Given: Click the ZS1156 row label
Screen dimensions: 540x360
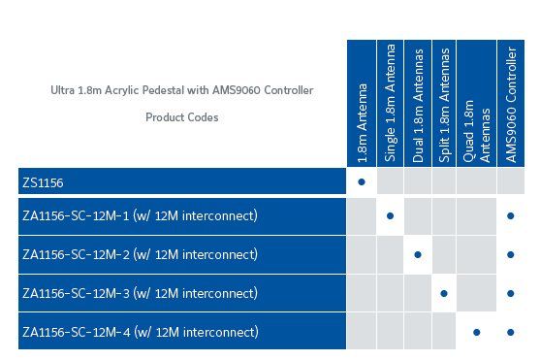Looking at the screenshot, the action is (x=43, y=182).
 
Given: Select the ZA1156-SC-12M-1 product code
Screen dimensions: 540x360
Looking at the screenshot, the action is (x=76, y=215).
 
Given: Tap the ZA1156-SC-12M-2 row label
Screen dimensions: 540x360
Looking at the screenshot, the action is (x=77, y=255).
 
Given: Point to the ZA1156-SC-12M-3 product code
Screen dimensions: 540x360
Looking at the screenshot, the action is (x=77, y=293).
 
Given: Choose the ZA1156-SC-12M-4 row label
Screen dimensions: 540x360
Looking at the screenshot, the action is (x=77, y=333).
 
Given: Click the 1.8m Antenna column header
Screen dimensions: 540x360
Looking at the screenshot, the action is (x=362, y=123).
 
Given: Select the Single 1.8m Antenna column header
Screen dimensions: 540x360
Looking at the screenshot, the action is (x=390, y=103).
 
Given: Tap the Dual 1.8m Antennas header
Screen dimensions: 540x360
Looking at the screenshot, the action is (x=418, y=105).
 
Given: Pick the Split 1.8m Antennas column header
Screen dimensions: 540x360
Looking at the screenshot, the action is (x=444, y=105).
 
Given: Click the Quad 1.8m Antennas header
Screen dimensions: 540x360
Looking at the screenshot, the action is (x=476, y=131).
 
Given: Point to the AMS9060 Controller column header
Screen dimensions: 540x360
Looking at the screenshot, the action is (x=511, y=105).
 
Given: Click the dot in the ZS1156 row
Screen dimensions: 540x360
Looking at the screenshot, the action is (x=362, y=181).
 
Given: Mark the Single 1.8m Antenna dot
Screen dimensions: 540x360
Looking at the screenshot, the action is (x=390, y=215).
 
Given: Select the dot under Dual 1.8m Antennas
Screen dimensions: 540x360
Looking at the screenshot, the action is (x=418, y=255).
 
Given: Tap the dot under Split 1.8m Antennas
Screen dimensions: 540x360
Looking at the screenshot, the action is (x=444, y=293).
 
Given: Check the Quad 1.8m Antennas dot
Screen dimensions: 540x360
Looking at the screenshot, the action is (x=476, y=333).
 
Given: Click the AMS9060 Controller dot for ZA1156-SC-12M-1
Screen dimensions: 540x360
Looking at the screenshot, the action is (x=510, y=215).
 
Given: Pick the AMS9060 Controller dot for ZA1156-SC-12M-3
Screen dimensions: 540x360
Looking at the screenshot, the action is (x=510, y=293).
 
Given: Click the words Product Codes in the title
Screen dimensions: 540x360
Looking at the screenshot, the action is (x=182, y=117).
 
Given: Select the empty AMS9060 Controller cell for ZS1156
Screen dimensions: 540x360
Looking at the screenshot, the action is (x=511, y=181).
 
